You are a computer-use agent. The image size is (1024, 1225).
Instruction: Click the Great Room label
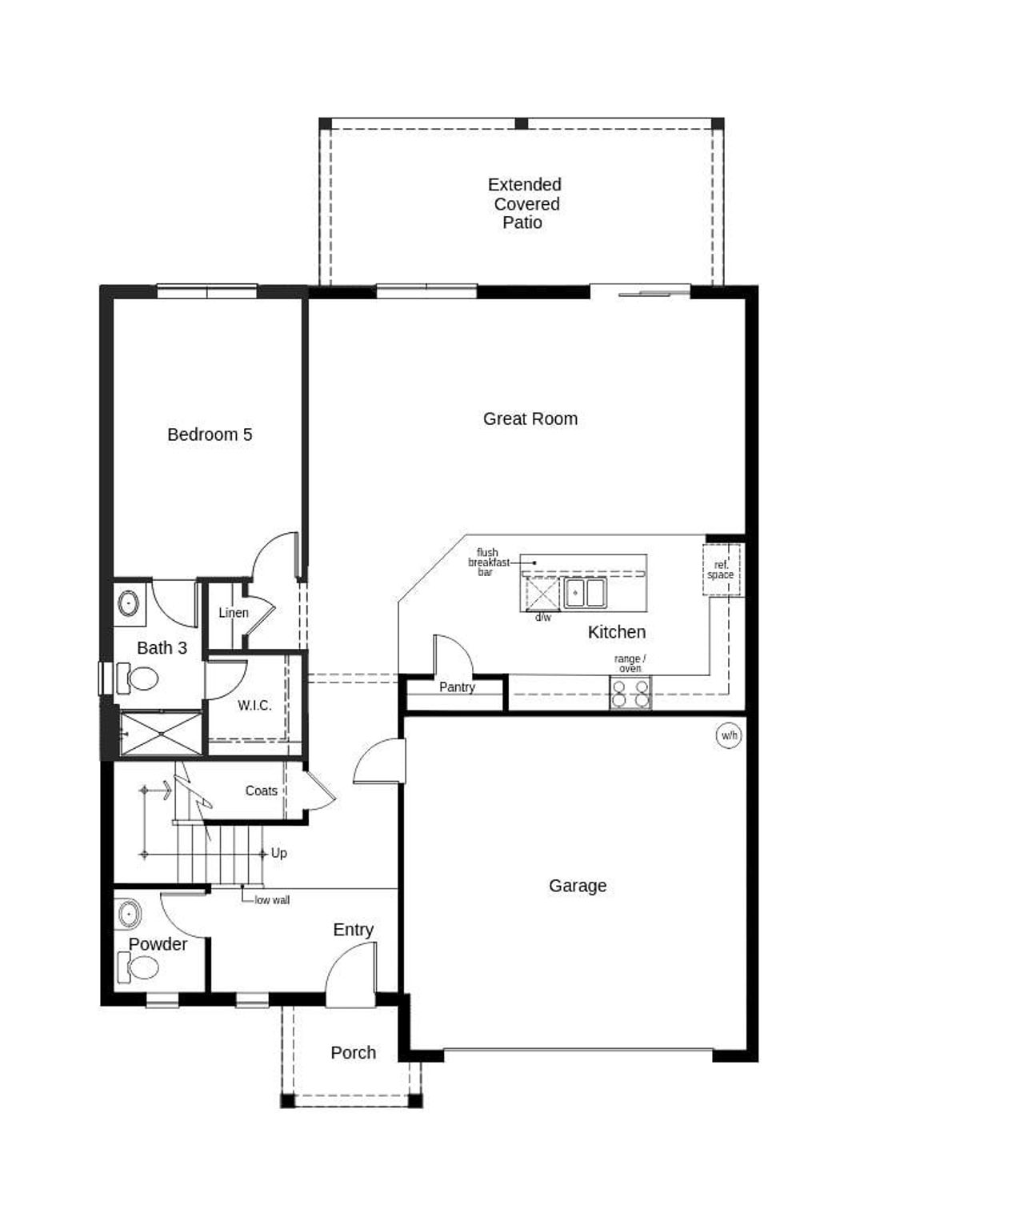tap(530, 418)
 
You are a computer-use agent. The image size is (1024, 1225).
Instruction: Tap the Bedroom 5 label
tap(210, 434)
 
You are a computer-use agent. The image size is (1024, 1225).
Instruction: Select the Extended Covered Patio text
tap(524, 203)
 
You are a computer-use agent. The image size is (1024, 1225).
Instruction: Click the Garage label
tap(578, 886)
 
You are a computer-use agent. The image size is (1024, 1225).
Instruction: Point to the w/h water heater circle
tap(729, 735)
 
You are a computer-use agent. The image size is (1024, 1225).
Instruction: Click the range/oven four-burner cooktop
tap(630, 694)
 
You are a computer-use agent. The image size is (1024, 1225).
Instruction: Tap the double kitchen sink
tap(586, 593)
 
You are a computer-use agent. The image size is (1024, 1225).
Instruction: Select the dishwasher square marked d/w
tap(542, 594)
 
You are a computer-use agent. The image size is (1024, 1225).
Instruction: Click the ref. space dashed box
tap(721, 570)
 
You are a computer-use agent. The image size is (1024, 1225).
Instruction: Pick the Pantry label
tap(457, 687)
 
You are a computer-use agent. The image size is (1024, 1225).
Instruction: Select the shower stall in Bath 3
tap(161, 733)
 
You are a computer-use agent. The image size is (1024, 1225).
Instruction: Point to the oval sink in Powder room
tap(129, 913)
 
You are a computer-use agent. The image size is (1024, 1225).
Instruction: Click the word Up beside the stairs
tap(278, 853)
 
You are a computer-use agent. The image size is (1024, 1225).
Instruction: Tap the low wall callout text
tap(272, 900)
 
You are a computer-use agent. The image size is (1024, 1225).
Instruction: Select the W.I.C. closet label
tap(254, 706)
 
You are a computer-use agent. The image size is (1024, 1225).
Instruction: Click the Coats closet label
tap(261, 791)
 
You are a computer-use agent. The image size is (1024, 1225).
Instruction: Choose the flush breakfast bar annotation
tap(488, 562)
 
